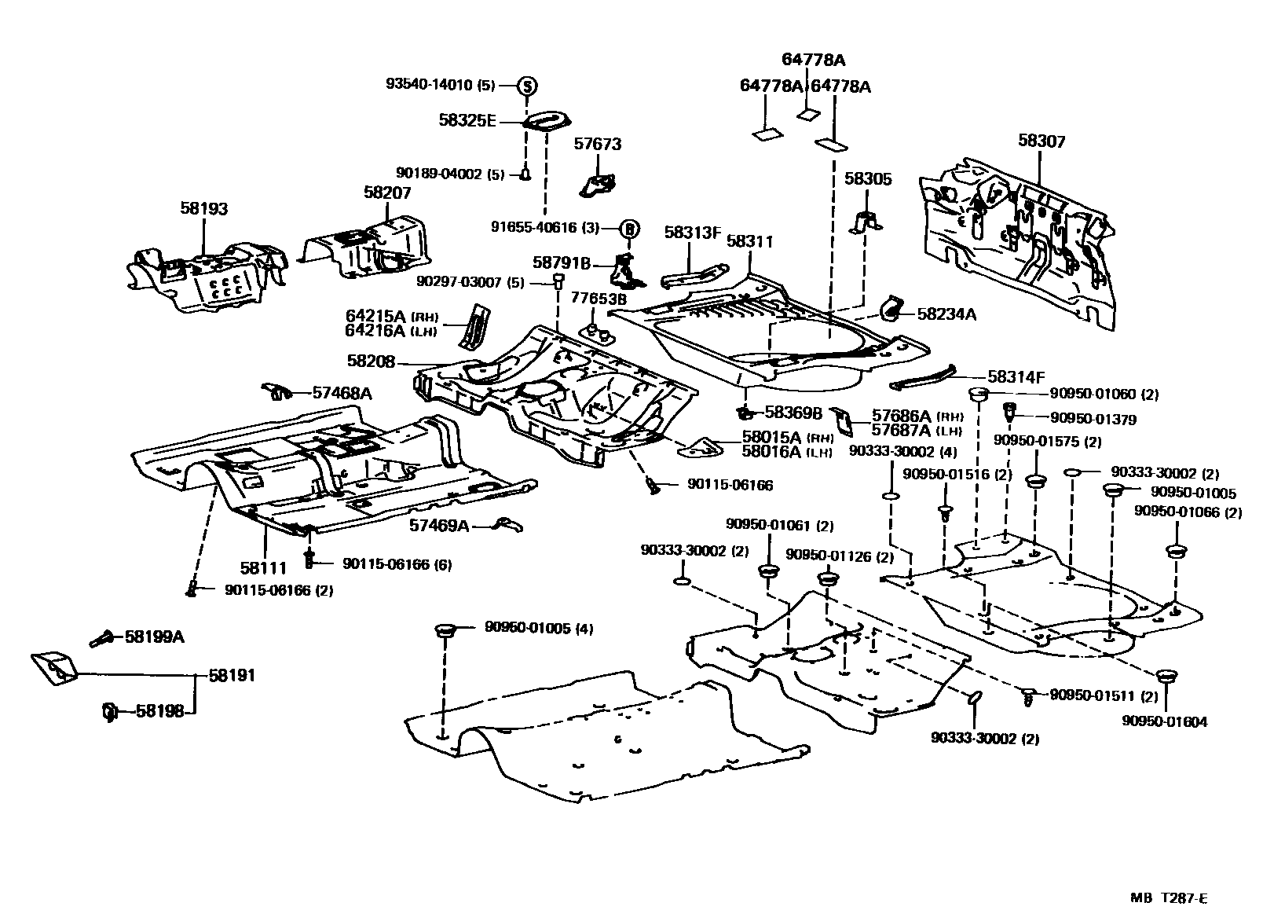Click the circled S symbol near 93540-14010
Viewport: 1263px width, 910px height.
pyautogui.click(x=527, y=86)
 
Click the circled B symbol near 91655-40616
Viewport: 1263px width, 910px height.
pyautogui.click(x=630, y=229)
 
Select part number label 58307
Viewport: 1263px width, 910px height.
pyautogui.click(x=1042, y=141)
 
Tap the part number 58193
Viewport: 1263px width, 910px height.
pyautogui.click(x=203, y=208)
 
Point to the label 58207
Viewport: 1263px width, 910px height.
pyautogui.click(x=387, y=193)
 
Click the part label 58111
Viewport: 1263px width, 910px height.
pyautogui.click(x=263, y=567)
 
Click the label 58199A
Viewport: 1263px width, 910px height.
pyautogui.click(x=154, y=637)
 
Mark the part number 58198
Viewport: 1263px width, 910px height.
pyautogui.click(x=159, y=711)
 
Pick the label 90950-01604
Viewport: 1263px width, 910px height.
pyautogui.click(x=1164, y=721)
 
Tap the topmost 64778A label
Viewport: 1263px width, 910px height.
pyautogui.click(x=813, y=59)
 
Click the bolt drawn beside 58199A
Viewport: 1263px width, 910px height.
pyautogui.click(x=101, y=639)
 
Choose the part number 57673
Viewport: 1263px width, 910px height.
pyautogui.click(x=597, y=144)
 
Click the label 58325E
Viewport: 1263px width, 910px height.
pyautogui.click(x=467, y=120)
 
